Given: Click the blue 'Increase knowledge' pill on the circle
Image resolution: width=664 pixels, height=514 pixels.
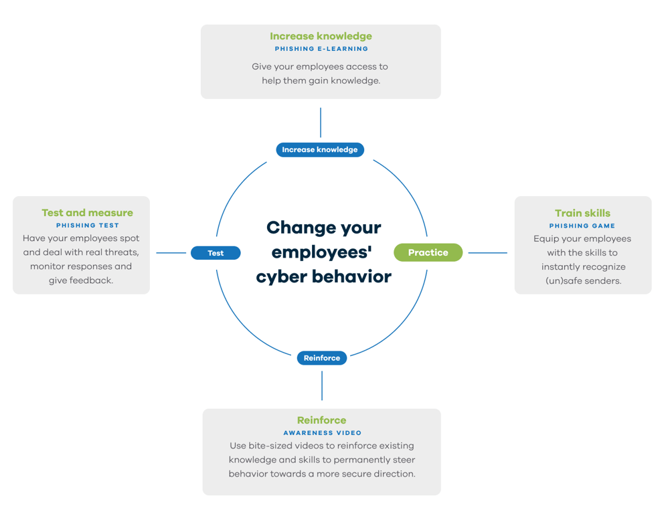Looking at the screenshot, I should coord(320,150).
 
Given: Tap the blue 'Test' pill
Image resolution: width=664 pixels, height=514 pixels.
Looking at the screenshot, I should coord(216,253).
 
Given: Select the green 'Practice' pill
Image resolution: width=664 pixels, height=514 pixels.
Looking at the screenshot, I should coord(428,252).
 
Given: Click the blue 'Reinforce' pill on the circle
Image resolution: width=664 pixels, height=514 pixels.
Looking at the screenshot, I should coord(322,358).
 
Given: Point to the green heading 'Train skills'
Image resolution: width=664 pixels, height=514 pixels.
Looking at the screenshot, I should coord(582,213).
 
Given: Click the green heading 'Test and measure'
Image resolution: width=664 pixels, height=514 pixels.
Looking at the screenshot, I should coord(87,213).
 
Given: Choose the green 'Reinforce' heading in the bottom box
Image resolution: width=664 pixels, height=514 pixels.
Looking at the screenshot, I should coord(322,420).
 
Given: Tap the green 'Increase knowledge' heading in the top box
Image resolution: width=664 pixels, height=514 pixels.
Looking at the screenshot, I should coord(321,36).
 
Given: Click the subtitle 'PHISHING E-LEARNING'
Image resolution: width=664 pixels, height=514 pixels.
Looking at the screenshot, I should coord(321,49).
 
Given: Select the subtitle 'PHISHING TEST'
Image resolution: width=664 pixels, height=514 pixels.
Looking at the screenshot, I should coord(88,226).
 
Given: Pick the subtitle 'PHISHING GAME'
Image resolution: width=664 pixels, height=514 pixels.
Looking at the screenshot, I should coord(582,226).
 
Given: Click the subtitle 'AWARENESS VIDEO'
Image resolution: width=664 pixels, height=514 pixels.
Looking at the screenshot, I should coord(322,433).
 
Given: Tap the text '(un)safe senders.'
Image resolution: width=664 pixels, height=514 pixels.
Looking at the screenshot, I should coord(582,281).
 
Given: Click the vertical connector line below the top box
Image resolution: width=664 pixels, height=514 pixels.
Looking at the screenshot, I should coord(321,122).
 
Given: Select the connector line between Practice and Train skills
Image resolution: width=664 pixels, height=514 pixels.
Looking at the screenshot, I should coord(487,253).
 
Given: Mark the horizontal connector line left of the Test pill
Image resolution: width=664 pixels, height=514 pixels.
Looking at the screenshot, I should coord(171,253).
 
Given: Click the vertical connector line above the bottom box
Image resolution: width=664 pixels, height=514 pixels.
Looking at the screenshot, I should coord(322,386).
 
